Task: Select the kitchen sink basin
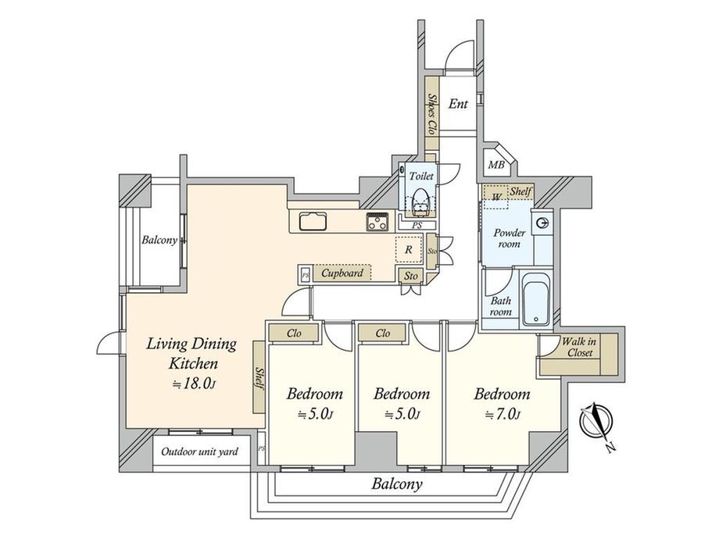click(313, 221)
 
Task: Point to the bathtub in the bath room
click(536, 300)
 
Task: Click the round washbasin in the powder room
click(542, 223)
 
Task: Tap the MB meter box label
click(495, 165)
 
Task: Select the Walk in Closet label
click(580, 347)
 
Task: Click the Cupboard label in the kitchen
click(342, 273)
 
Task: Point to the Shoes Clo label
click(431, 114)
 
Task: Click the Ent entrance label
click(458, 104)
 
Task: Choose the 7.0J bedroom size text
click(503, 415)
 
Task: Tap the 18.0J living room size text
click(193, 384)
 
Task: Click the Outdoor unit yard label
click(199, 452)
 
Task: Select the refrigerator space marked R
click(408, 250)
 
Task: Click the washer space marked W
click(496, 197)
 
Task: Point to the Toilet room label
click(421, 176)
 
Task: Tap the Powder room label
click(509, 238)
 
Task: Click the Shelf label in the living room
click(259, 379)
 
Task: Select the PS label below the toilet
click(417, 226)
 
